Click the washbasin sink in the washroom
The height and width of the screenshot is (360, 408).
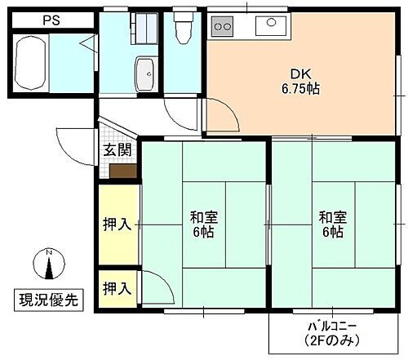145,75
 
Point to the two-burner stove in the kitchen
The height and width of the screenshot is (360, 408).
223,26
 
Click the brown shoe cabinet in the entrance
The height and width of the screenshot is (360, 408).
122,171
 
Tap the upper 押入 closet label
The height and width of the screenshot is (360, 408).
117,224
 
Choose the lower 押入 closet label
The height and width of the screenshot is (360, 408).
117,287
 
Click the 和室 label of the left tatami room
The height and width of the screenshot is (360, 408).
203,217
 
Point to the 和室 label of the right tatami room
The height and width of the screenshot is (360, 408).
331,217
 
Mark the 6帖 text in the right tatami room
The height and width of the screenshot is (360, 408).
331,233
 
